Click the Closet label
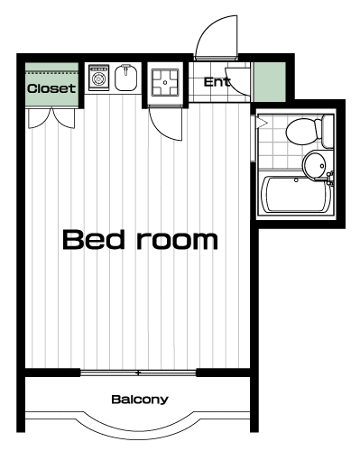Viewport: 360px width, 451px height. point(51,88)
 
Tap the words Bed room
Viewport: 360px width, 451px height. point(140,240)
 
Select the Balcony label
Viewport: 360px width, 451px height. point(140,400)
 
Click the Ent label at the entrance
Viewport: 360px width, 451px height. point(217,82)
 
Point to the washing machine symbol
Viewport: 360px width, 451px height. point(98,78)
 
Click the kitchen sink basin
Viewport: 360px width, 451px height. point(126,78)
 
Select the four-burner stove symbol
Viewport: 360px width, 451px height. point(165,82)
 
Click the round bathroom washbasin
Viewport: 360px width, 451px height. point(314,164)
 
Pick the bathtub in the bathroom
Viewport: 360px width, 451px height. point(296,194)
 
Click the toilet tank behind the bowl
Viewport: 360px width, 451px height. point(327,131)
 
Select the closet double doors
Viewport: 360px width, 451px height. point(51,118)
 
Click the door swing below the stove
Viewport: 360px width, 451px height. point(166,124)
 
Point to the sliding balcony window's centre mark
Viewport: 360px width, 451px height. point(138,373)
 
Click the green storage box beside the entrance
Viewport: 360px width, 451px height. point(269,82)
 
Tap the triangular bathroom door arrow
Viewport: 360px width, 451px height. point(262,123)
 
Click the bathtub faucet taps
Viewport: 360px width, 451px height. point(330,178)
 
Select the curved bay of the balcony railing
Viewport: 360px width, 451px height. point(137,426)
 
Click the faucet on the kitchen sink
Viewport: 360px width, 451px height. point(125,69)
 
